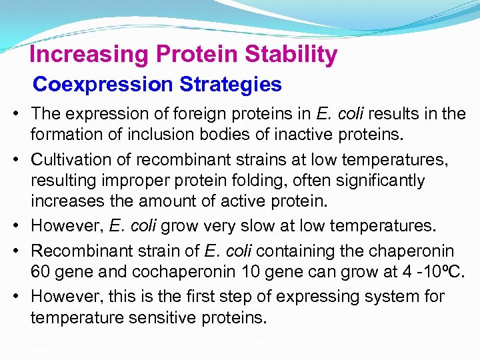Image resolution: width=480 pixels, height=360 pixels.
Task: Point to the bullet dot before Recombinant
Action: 15,251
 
